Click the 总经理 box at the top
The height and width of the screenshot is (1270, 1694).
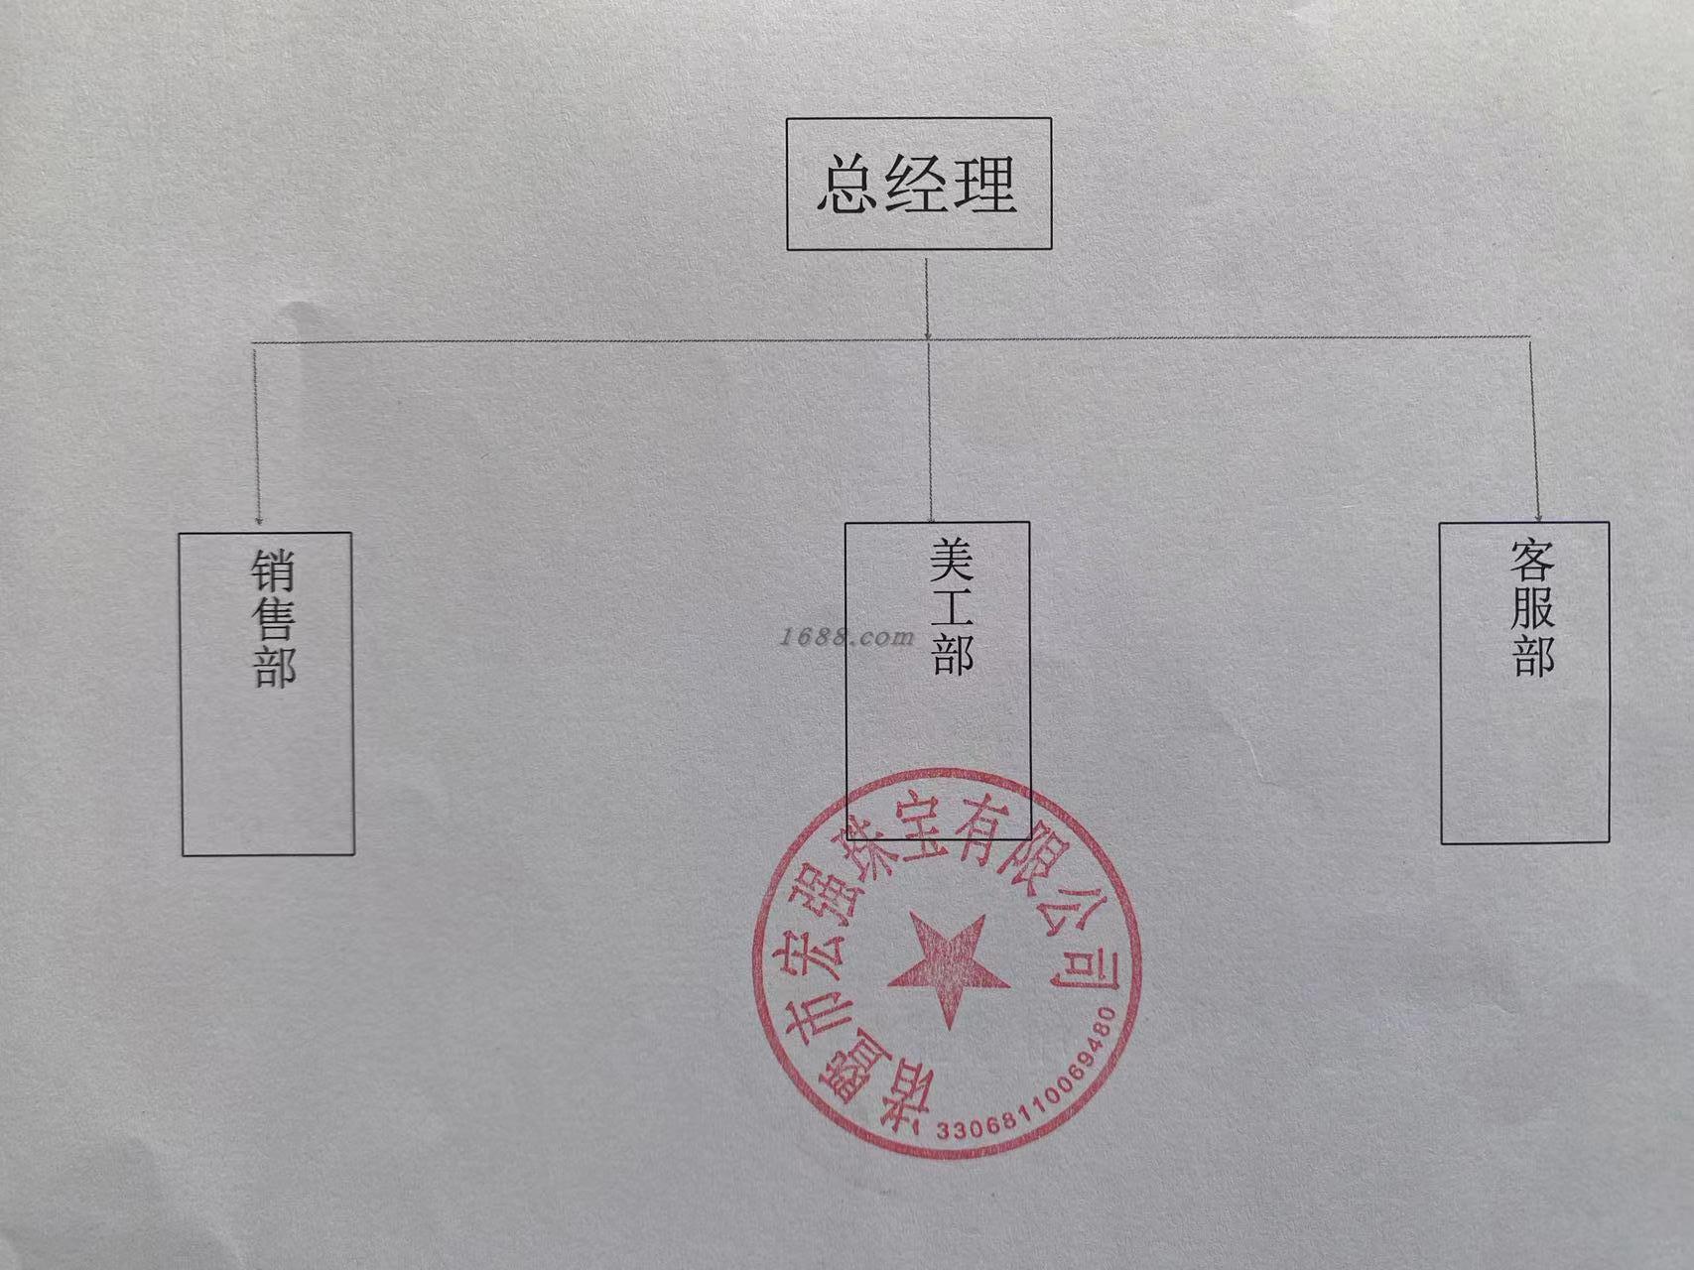[919, 184]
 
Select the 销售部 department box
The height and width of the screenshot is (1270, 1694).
[267, 694]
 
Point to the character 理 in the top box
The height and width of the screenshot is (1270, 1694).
[984, 186]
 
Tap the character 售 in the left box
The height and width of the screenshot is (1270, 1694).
[273, 619]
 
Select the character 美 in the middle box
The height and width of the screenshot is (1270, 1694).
[952, 562]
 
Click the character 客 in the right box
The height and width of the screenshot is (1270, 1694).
[1531, 562]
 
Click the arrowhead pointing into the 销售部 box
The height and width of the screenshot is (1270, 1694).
[258, 520]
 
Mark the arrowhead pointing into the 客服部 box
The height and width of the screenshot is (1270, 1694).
[1538, 516]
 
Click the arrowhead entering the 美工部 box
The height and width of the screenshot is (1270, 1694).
[931, 516]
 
